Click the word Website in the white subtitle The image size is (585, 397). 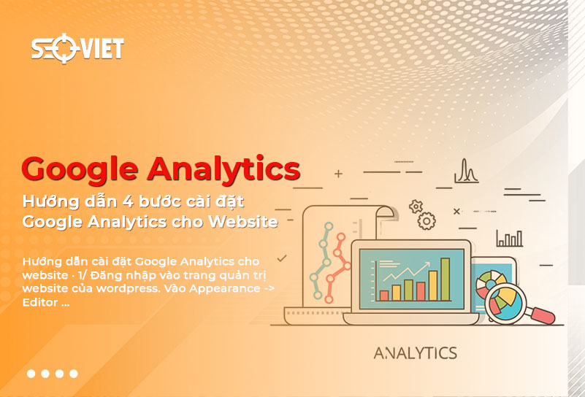tap(242, 221)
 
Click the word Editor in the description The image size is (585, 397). tap(41, 302)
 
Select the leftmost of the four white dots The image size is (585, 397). tap(31, 374)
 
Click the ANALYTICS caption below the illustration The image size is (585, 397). tap(415, 353)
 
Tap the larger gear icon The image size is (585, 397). tap(427, 220)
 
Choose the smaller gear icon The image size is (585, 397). tap(416, 207)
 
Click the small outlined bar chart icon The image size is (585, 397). tap(509, 238)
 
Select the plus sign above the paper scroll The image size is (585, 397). tap(338, 174)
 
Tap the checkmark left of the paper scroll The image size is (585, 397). tap(282, 258)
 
